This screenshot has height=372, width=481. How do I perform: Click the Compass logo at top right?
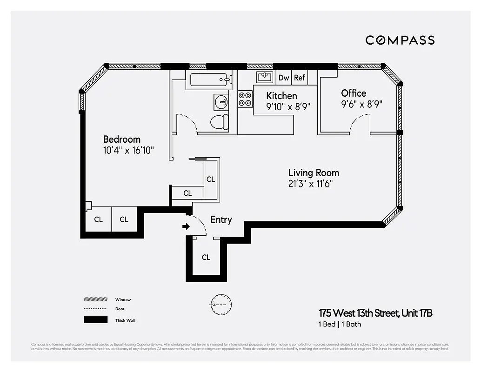coord(400,40)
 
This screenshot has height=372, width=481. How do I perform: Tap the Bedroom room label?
coord(121,139)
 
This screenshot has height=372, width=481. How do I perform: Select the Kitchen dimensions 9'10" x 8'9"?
coord(288,106)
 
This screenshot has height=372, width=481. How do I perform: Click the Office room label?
coord(354,93)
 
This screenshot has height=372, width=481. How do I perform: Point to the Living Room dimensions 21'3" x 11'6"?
coord(310,184)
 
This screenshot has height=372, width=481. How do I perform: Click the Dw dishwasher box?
coord(283,78)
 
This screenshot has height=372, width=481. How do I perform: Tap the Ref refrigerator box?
coord(299,78)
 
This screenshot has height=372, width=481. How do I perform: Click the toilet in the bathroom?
coord(219,122)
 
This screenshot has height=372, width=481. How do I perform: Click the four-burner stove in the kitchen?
coord(245,99)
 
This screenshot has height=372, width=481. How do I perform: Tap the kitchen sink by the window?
coord(265,76)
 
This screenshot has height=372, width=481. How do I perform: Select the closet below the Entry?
coord(206,257)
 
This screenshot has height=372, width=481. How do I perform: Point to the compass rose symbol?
coord(218,304)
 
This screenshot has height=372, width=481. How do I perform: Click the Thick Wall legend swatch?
coord(95,320)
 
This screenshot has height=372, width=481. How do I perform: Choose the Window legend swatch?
coord(95,299)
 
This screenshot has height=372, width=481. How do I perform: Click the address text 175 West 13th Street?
coord(375,313)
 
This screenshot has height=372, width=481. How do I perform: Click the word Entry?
coord(221,219)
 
